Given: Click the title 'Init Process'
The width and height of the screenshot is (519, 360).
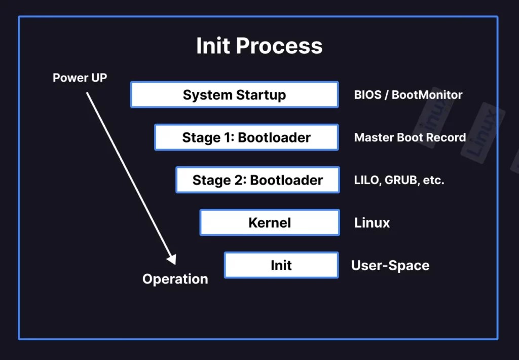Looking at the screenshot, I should tap(259, 46).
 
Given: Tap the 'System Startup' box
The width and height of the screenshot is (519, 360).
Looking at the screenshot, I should tap(234, 95).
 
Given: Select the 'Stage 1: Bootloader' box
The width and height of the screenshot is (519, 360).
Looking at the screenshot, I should tap(246, 137).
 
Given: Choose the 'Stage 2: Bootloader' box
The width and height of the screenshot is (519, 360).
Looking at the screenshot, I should tap(257, 180).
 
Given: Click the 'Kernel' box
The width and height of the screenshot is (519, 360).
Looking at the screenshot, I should tap(270, 223).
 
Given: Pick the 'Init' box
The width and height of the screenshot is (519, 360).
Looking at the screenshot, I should tap(281, 265).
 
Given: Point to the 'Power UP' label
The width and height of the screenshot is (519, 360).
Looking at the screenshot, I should tap(80, 78).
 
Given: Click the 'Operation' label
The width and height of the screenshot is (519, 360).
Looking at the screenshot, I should tap(175, 279).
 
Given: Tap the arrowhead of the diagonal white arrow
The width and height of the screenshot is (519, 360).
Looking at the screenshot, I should tap(172, 260).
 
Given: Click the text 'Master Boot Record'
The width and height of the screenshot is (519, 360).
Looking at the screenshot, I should tap(410, 137).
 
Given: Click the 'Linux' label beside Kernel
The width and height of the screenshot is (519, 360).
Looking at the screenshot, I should tap(372, 223).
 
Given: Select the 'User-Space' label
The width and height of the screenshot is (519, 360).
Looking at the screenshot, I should tap(390, 265).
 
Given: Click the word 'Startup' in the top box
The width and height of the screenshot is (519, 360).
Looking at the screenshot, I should tap(263, 95).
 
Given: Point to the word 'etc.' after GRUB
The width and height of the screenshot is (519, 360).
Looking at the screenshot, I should tap(433, 180).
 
